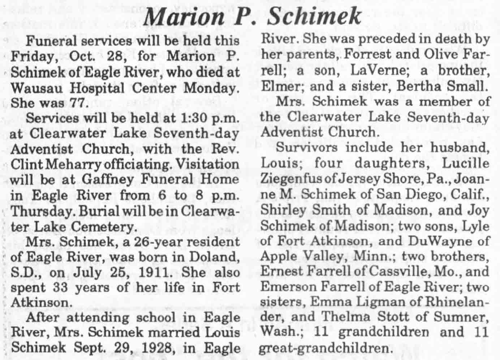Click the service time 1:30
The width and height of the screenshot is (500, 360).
pos(189,118)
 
